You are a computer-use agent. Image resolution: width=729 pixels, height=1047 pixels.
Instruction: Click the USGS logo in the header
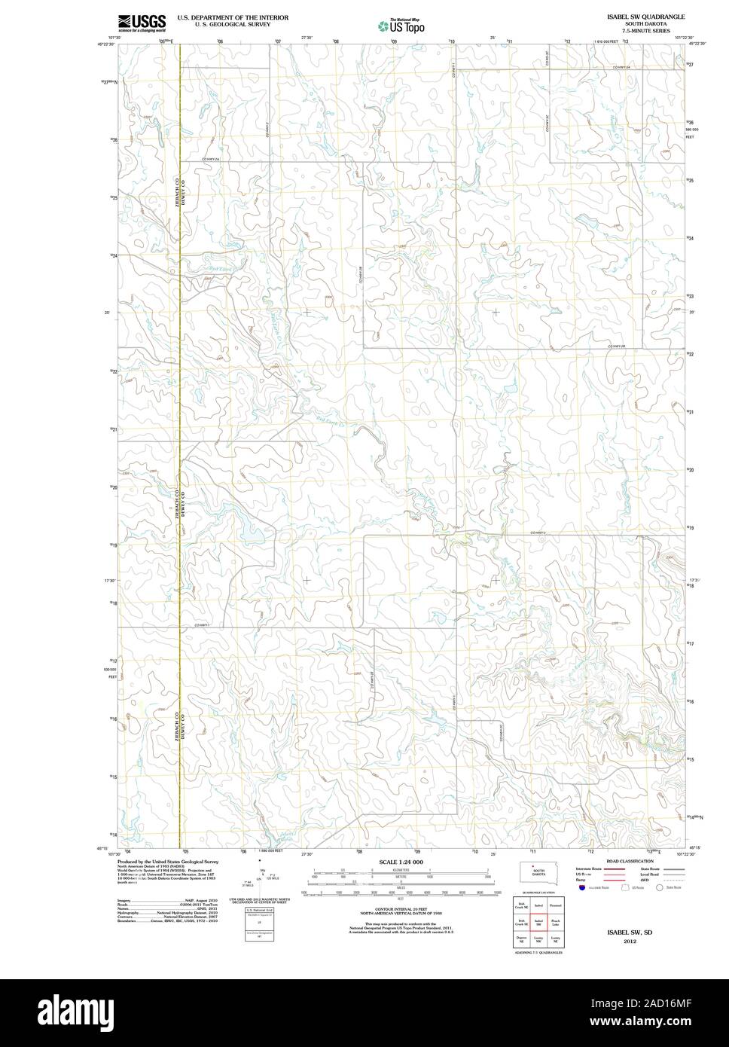(141, 23)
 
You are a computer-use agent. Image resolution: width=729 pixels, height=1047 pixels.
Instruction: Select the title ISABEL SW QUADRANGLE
(645, 16)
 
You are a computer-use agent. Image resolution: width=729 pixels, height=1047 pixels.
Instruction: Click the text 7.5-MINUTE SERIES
(645, 31)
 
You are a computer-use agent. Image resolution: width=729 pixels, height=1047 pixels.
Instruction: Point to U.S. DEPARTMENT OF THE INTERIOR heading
(233, 17)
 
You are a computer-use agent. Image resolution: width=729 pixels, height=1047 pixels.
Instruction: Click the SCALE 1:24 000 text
(401, 862)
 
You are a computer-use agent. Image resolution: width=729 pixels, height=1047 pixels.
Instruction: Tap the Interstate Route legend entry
(590, 869)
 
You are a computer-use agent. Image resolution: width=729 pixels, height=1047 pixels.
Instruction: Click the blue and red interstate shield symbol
(582, 889)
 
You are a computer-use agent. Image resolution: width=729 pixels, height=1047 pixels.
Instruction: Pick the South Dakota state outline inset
(538, 871)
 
